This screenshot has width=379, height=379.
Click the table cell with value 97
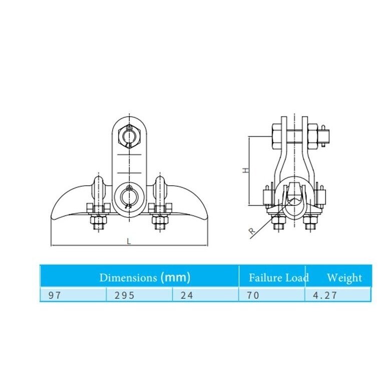73,295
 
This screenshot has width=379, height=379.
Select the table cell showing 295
139,295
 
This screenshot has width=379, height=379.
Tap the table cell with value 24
205,295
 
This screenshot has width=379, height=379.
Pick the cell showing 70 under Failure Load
272,295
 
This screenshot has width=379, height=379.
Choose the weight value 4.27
338,295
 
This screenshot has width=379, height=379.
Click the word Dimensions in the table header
128,277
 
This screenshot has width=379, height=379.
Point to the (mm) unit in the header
175,277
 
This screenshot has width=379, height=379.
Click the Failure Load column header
279,277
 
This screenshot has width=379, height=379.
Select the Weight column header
344,278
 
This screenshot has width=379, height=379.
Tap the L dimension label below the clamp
129,241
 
